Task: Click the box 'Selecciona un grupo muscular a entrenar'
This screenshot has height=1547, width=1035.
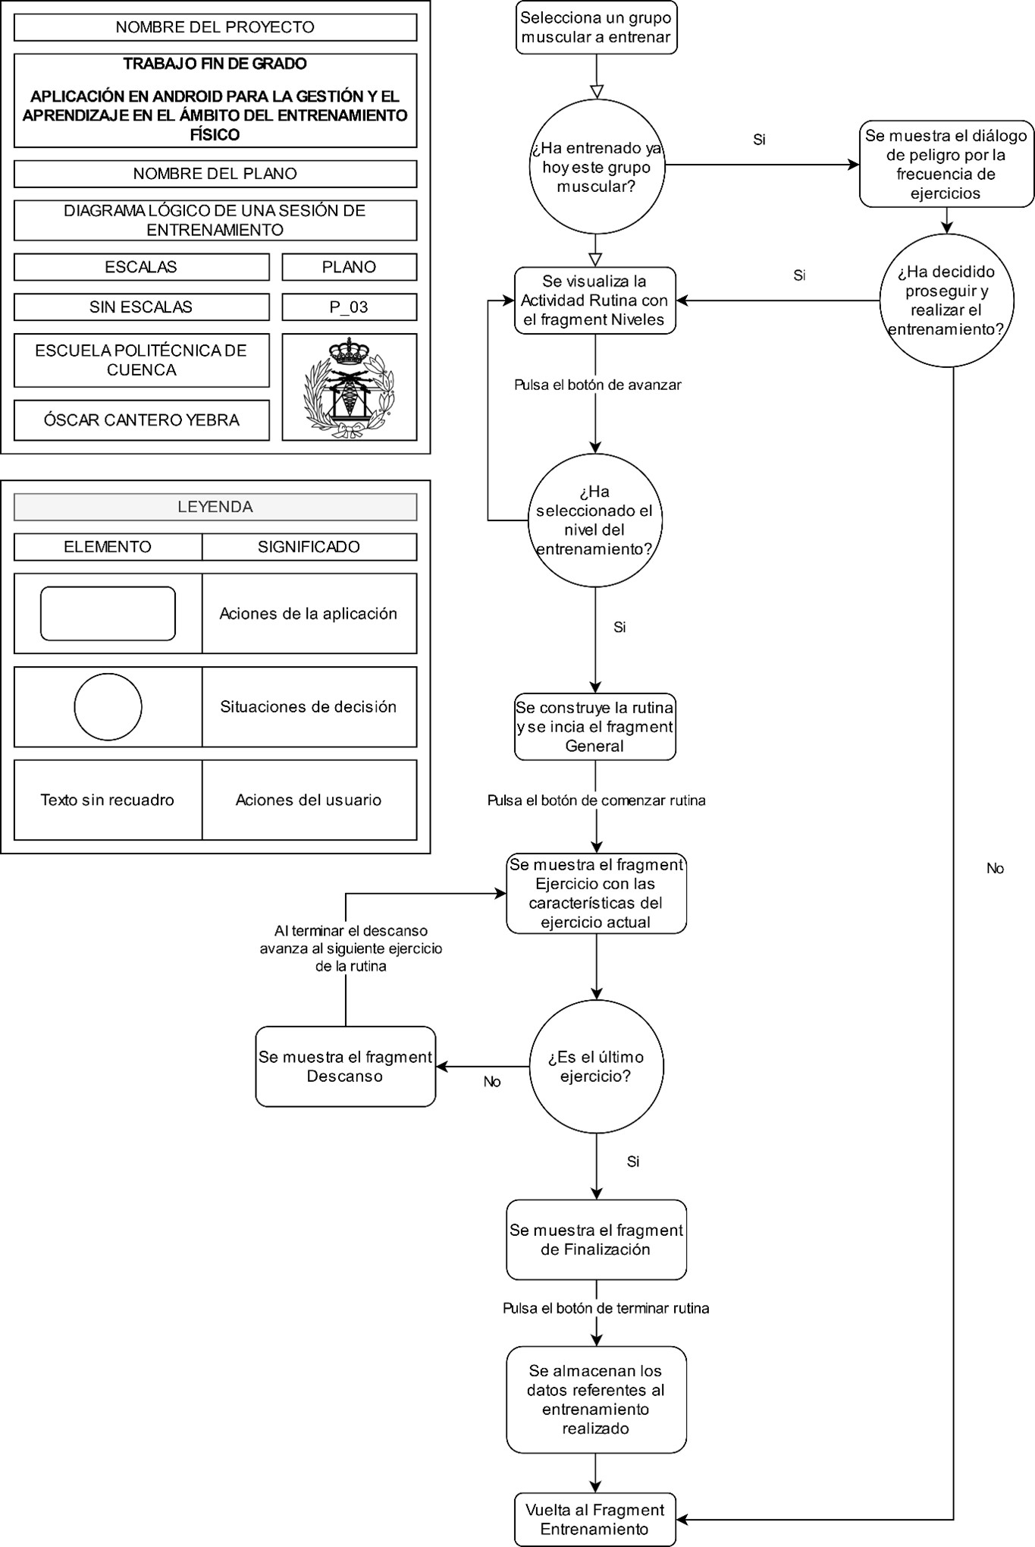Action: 596,27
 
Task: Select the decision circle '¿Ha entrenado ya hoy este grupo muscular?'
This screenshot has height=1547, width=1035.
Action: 596,167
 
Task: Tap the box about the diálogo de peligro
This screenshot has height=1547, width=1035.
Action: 946,164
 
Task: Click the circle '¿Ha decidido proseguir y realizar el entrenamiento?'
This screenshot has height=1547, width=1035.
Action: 946,300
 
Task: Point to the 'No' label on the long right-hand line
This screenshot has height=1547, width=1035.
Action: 994,869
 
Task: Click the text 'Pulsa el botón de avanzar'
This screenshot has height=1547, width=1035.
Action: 597,385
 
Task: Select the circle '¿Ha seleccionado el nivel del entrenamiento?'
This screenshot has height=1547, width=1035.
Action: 594,520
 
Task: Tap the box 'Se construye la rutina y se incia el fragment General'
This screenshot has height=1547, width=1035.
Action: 594,727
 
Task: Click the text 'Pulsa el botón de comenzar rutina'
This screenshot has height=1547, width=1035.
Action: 596,800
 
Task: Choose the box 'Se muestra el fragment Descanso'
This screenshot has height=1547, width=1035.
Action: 345,1066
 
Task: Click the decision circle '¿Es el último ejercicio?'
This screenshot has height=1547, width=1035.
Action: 596,1066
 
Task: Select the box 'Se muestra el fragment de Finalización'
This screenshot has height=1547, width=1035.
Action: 596,1239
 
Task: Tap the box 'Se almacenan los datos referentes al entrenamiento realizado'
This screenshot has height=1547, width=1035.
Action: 596,1399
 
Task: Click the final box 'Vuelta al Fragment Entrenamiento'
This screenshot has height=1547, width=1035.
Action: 594,1520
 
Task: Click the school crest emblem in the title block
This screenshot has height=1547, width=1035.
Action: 349,387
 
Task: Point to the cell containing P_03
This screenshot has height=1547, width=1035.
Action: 349,307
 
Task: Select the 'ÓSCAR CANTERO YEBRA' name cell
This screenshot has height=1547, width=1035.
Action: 142,420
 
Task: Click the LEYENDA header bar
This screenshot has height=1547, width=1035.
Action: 215,507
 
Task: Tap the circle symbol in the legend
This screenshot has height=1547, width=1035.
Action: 108,706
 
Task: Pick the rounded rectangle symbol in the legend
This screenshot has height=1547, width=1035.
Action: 108,613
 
